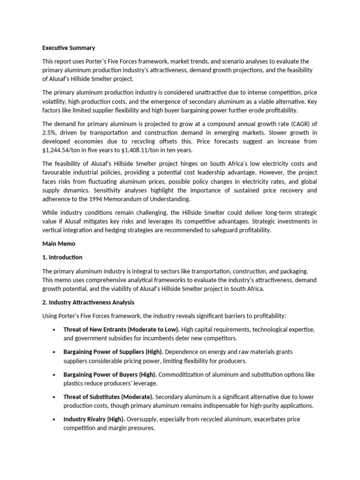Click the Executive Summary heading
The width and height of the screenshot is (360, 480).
[x=68, y=48]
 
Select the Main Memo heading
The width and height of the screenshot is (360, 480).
[x=59, y=244]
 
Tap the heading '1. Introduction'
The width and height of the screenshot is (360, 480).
[x=62, y=257]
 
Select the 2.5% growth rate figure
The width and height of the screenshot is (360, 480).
[x=50, y=133]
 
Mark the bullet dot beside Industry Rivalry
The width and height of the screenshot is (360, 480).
[x=56, y=420]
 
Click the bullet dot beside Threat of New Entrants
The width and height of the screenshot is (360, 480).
[x=56, y=330]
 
